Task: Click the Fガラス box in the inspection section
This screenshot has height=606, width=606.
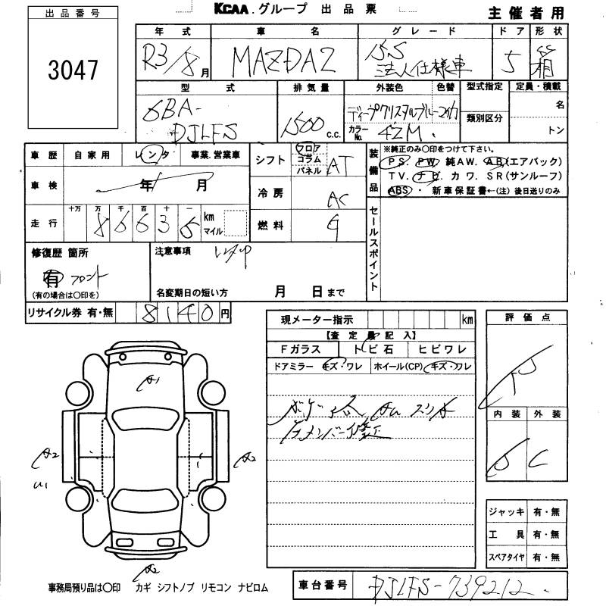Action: coord(300,350)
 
